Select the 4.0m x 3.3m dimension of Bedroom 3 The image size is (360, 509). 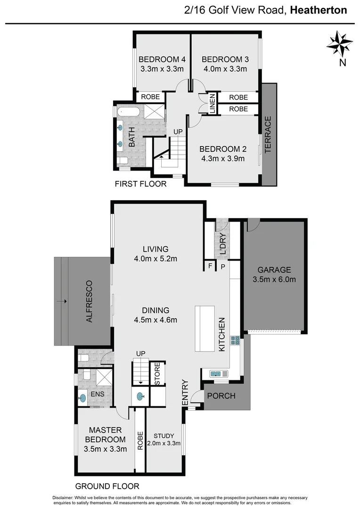[x=225, y=69]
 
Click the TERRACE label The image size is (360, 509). [x=268, y=135]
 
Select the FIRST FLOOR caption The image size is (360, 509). [x=140, y=184]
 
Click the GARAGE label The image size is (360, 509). [x=274, y=270]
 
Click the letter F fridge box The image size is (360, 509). [x=210, y=266]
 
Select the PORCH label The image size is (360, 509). [x=221, y=395]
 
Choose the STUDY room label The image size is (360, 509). [x=164, y=435]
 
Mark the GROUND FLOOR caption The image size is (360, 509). [x=107, y=486]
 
